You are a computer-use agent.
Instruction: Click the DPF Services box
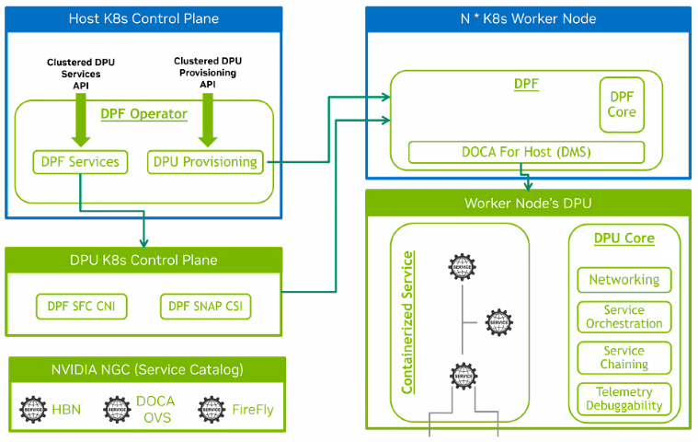(x=80, y=162)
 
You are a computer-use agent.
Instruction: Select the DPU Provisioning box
(x=204, y=162)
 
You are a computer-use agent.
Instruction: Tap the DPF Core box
(x=622, y=103)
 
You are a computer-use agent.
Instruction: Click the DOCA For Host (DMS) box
(x=526, y=152)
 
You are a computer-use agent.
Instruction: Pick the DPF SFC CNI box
(x=82, y=306)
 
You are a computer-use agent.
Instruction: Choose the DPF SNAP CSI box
(x=206, y=306)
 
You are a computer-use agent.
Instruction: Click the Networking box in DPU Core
(x=624, y=280)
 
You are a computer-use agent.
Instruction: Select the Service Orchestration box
(x=624, y=317)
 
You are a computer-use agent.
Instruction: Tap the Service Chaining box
(x=624, y=357)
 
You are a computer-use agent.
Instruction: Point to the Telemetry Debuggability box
(x=624, y=399)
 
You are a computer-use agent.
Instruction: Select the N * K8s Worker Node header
(x=528, y=18)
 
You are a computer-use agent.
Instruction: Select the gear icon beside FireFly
(x=212, y=409)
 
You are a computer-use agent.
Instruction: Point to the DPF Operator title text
(x=143, y=114)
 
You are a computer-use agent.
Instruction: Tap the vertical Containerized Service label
(x=408, y=321)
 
